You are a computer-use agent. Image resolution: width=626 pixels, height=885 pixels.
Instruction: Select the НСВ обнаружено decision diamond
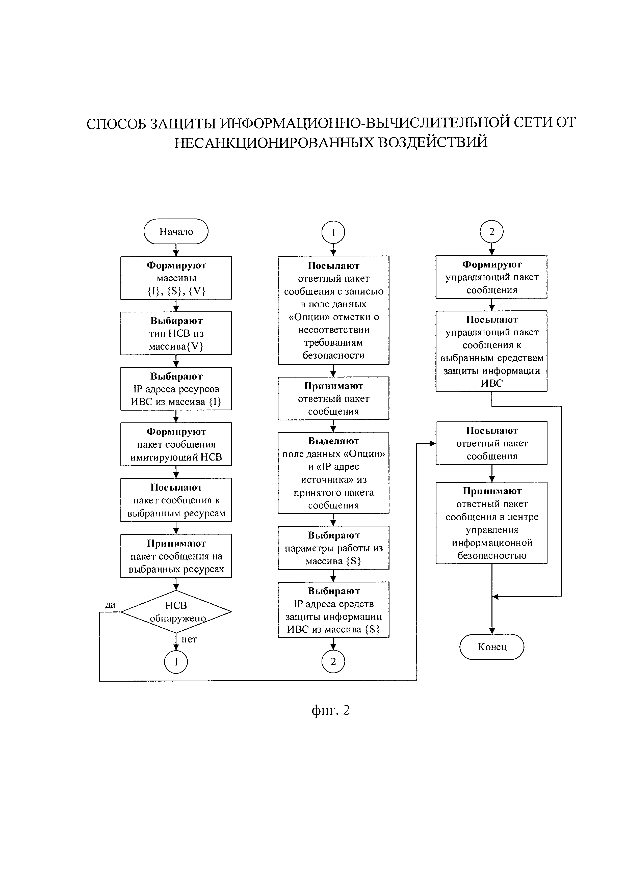tap(176, 611)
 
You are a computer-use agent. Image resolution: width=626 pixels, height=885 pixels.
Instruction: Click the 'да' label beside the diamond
tap(110, 605)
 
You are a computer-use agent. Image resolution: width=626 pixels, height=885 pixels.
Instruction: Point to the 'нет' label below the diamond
tap(189, 639)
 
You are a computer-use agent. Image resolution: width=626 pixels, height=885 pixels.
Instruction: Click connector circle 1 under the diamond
tap(176, 662)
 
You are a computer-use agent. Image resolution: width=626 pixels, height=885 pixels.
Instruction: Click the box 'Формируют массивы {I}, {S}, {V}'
tap(176, 278)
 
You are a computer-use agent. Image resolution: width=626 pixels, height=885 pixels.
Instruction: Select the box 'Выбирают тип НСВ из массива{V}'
tap(176, 333)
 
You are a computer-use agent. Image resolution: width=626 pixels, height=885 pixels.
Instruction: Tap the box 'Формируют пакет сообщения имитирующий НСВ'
tap(176, 444)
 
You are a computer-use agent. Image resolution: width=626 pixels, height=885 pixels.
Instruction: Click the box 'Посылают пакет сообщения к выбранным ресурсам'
tap(176, 500)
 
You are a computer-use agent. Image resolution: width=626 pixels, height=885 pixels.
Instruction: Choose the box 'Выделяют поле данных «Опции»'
tap(333, 473)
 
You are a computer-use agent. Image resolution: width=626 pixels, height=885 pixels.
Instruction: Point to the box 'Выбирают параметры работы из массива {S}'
tap(333, 548)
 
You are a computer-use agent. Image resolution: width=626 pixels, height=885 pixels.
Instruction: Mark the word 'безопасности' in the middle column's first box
tap(333, 355)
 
